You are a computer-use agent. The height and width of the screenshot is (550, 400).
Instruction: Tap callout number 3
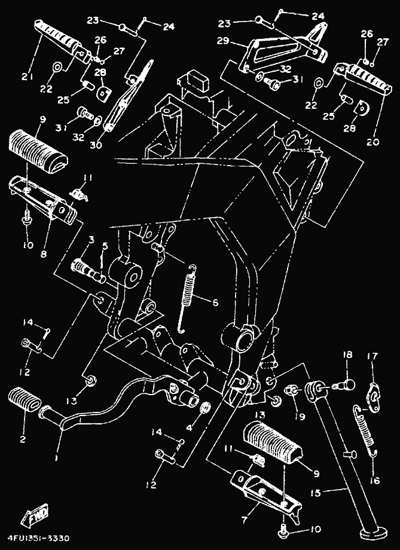91,240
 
